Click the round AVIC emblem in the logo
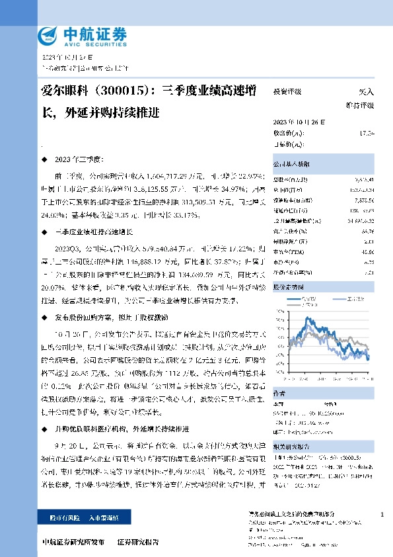[x=48, y=36]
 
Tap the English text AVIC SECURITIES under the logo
[x=93, y=47]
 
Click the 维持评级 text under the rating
[x=361, y=105]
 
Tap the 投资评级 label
[x=288, y=93]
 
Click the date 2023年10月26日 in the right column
[x=299, y=122]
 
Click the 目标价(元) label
[x=289, y=144]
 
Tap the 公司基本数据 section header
[x=291, y=163]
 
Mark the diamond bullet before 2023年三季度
[x=44, y=160]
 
